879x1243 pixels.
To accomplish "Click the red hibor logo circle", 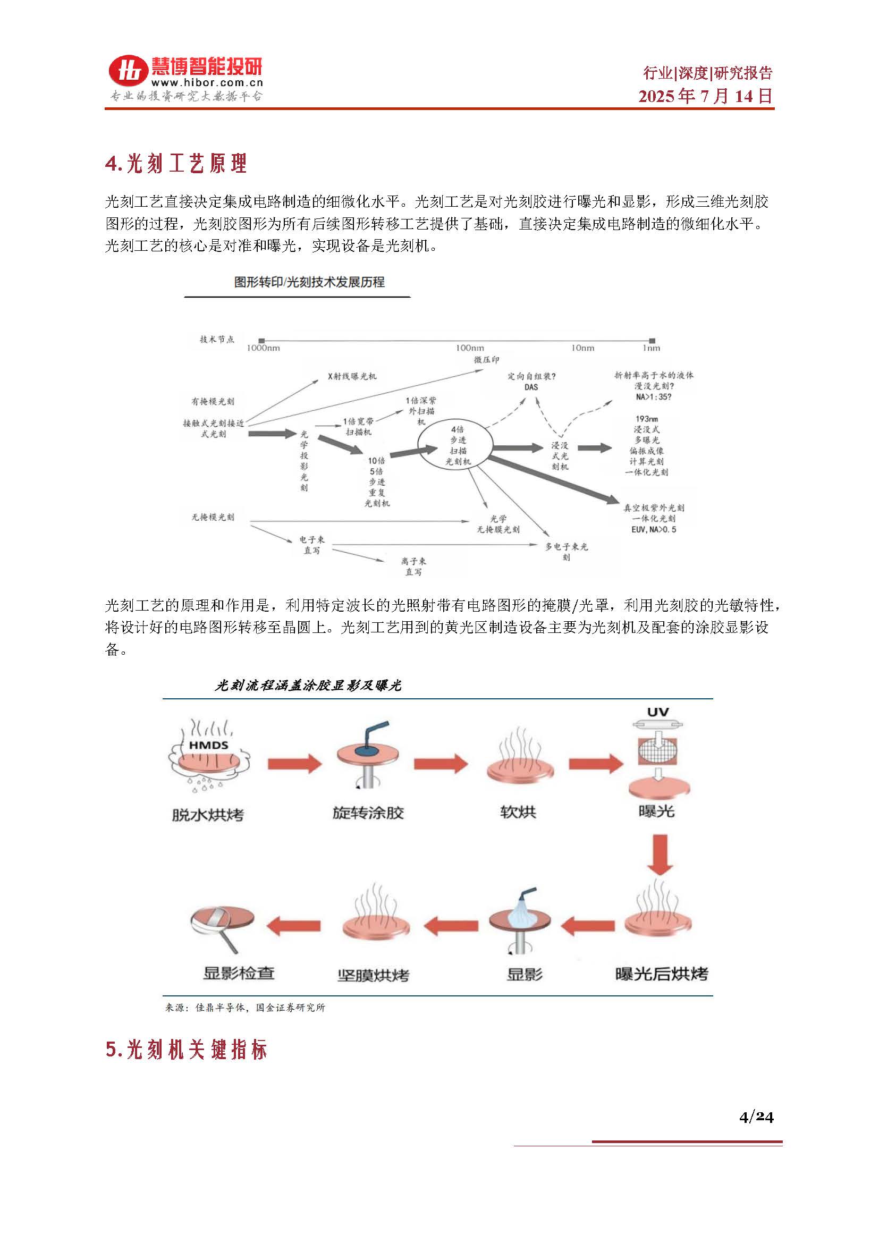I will point(128,71).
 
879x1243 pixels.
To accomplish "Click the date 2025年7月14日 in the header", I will point(705,96).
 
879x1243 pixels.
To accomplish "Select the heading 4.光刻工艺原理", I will point(176,164).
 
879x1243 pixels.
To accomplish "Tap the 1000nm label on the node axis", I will point(263,348).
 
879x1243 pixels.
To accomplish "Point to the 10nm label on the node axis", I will point(582,348).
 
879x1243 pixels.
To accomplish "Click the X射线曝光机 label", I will point(352,376).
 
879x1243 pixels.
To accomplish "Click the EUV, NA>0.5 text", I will point(653,529).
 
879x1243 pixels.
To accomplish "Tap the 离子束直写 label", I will point(413,566).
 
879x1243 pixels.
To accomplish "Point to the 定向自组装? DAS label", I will point(531,381).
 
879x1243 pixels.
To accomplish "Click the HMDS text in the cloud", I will point(208,745).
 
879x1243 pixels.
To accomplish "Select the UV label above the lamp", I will point(657,713).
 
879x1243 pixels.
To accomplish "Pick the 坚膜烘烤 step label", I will point(373,975).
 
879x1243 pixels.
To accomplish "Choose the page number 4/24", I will point(756,1117).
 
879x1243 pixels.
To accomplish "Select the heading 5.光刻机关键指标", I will point(186,1050).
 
